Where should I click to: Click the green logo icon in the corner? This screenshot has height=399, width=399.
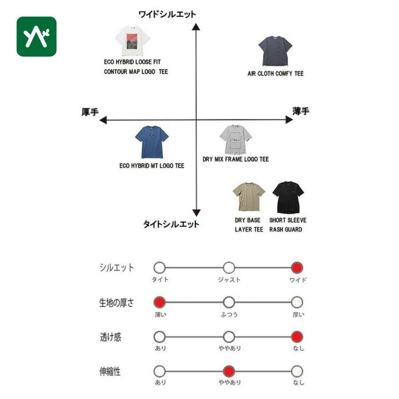[36, 36]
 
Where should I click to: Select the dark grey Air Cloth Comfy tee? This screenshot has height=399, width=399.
[275, 51]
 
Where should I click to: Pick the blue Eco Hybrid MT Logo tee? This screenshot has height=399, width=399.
[152, 142]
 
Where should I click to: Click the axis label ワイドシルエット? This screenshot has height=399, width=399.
[167, 15]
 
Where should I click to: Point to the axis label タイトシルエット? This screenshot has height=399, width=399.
[171, 224]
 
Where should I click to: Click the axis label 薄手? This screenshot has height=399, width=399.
[301, 111]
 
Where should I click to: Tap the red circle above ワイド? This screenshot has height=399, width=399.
[297, 268]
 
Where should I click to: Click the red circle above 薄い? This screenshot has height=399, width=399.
[160, 302]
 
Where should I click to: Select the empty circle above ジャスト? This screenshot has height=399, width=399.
[229, 268]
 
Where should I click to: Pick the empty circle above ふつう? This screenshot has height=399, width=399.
[229, 302]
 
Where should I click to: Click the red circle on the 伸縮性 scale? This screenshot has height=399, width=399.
[229, 371]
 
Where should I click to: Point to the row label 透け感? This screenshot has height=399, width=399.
[110, 337]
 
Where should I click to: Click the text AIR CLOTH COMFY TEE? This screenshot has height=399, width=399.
[275, 74]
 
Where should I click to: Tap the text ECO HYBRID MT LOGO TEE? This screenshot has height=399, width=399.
[152, 166]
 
